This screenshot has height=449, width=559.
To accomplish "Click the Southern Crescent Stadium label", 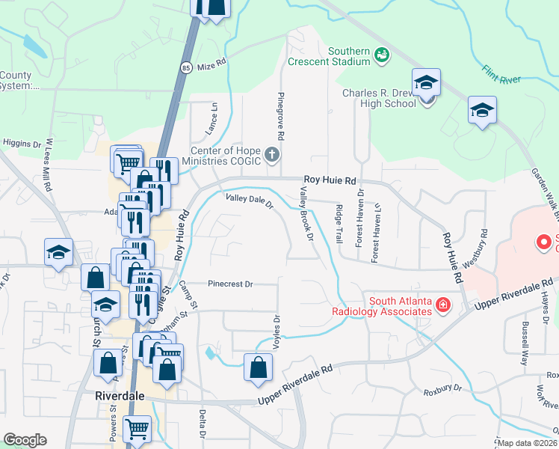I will (349, 56).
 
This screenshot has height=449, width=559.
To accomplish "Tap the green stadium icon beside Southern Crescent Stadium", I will (382, 55).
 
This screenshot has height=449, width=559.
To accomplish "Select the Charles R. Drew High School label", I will (379, 98).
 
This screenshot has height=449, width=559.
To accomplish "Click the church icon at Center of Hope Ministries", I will (271, 155).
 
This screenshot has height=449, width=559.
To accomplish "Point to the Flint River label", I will (501, 72).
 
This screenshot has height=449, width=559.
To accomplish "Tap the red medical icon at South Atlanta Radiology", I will (442, 305).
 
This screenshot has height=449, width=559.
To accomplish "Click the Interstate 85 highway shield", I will (185, 67).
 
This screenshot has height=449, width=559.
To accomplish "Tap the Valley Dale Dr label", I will (250, 199).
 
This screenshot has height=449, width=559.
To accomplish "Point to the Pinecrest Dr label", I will (231, 284).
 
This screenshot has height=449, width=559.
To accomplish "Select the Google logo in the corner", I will (24, 440).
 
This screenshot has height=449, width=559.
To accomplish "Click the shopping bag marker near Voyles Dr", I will (258, 367).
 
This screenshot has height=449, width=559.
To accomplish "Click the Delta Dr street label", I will (202, 422).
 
